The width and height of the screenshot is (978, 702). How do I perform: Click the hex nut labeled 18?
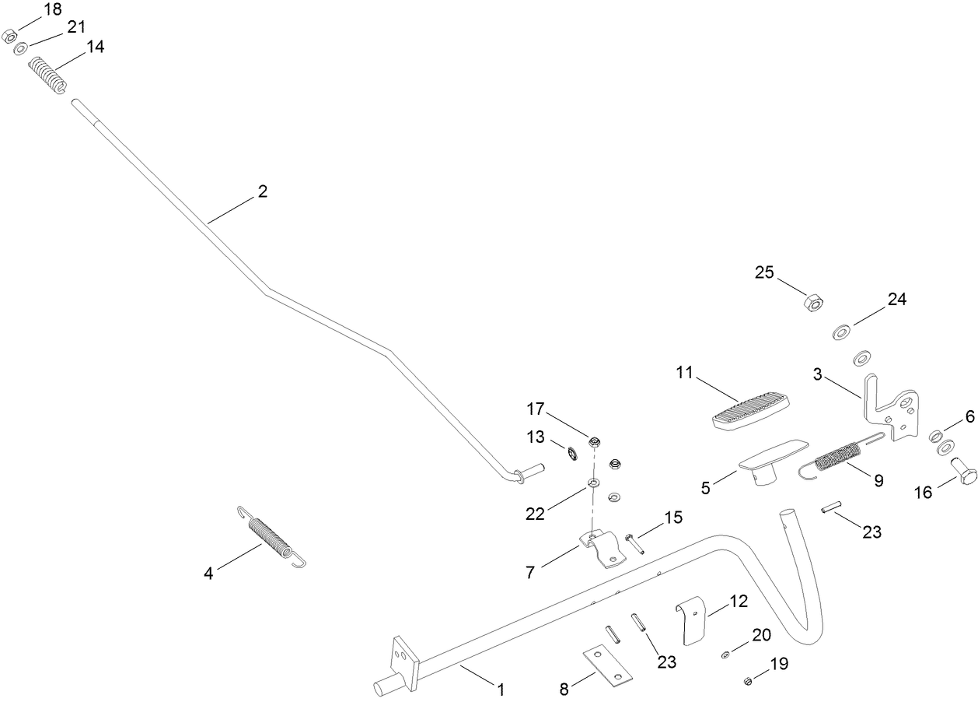coord(9,37)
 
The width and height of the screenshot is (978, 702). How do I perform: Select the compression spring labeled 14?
coord(48,75)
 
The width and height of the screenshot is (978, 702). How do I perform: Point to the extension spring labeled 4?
coord(271,537)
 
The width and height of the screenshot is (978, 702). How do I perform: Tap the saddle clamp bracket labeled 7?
coord(603,549)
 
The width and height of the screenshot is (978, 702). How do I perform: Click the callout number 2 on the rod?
coord(263,191)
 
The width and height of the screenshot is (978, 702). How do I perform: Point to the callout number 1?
coord(501,690)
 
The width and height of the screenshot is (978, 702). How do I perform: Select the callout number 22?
coord(535,514)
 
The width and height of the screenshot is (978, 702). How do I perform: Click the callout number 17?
coord(536,409)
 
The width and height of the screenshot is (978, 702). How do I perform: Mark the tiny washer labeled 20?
coord(725,655)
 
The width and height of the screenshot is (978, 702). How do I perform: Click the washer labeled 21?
coord(20,48)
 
